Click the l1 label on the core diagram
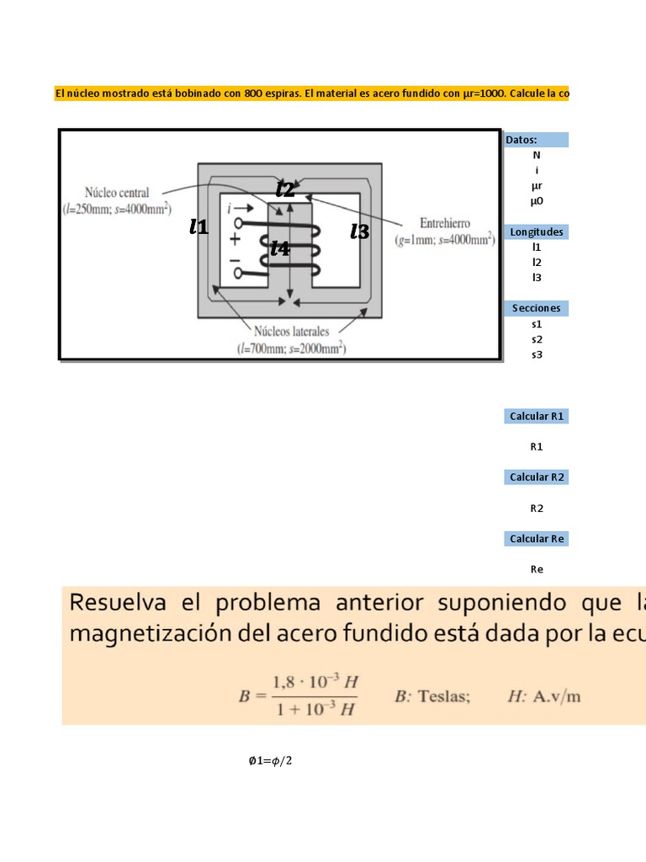(x=199, y=226)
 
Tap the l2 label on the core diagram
(x=286, y=189)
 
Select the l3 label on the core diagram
(x=360, y=231)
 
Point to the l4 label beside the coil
(x=280, y=248)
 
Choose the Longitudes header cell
(x=537, y=231)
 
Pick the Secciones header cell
(x=537, y=308)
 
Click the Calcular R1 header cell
(x=537, y=417)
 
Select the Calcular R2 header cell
(x=537, y=477)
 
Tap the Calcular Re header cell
(x=537, y=539)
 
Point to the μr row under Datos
(x=537, y=185)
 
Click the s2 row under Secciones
(x=537, y=339)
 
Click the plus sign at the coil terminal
(x=235, y=239)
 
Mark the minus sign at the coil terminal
(x=235, y=259)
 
